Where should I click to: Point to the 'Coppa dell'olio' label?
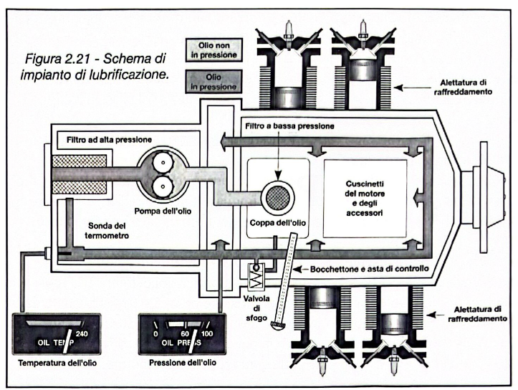coord(279,223)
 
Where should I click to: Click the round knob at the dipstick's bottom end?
coord(276,326)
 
